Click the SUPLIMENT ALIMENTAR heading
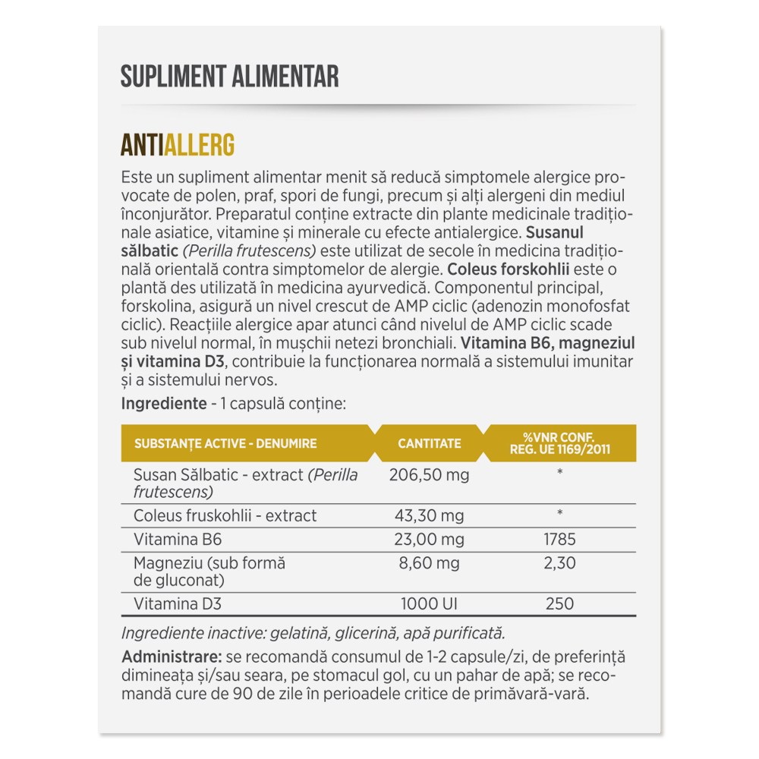[229, 77]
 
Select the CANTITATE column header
[430, 443]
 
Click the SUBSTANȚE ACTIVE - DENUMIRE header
[225, 443]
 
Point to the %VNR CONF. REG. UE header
[559, 443]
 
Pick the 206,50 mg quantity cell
[429, 476]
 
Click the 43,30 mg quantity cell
[429, 516]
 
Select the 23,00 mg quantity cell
[429, 540]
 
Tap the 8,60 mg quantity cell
[429, 563]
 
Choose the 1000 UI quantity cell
[429, 604]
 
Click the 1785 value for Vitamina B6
[559, 540]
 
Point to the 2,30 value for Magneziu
[559, 563]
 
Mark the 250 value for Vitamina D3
[559, 604]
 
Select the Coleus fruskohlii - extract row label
[225, 516]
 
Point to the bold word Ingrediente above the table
[164, 403]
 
